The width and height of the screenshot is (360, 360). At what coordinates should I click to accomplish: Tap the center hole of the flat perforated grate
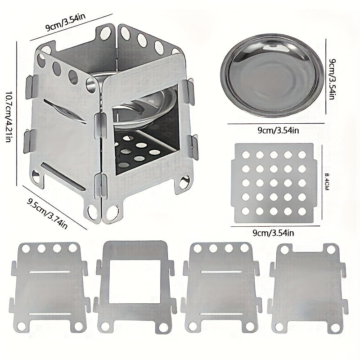point(273,183)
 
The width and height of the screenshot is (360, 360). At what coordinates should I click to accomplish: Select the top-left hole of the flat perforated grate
point(245,154)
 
